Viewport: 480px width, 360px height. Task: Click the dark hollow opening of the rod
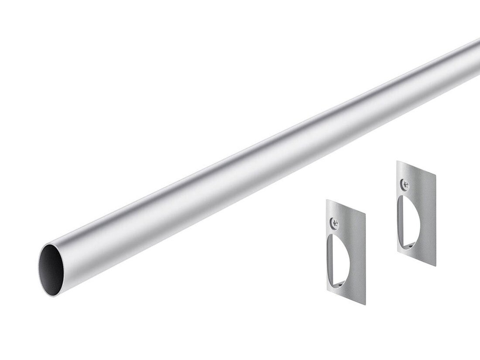pyautogui.click(x=52, y=267)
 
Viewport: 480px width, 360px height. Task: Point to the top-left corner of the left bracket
pyautogui.click(x=327, y=200)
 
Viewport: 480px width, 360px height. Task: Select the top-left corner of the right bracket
pyautogui.click(x=397, y=161)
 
